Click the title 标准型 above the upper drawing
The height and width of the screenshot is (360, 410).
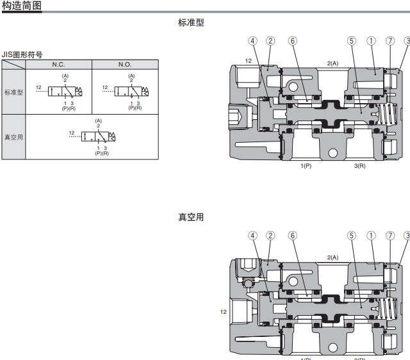pos(191,22)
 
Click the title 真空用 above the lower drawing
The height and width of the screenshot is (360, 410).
pos(191,217)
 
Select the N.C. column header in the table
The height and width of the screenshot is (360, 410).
pos(58,65)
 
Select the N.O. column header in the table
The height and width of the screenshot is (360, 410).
pos(124,65)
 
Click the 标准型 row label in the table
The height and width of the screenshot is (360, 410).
pos(13,92)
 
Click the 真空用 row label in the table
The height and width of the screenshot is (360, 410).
pos(13,137)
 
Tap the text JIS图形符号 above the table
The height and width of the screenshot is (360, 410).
pos(22,54)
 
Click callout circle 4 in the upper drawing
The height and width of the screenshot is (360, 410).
pos(253,40)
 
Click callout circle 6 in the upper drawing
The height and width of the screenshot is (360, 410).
pos(293,40)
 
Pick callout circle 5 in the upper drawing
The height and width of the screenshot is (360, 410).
pos(351,40)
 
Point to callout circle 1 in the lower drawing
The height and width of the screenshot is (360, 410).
pos(371,235)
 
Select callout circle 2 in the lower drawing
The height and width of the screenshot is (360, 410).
pos(270,235)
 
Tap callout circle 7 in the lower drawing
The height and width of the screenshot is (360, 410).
pos(390,235)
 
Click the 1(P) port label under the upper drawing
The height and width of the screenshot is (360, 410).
pos(306,167)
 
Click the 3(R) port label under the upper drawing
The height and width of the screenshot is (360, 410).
pos(359,167)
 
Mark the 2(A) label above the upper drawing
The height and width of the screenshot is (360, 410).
pos(332,63)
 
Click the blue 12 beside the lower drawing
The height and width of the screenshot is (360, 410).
pos(223,312)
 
